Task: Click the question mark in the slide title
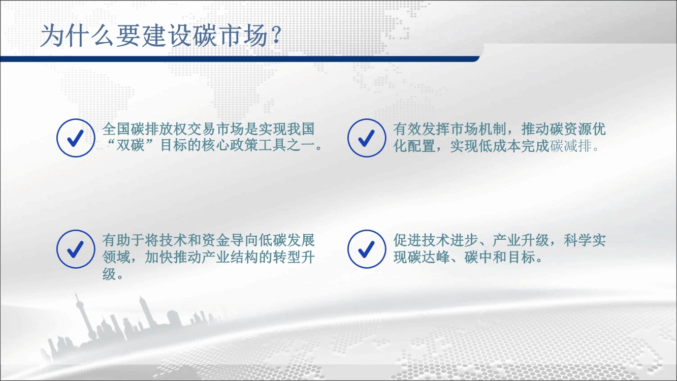point(276,36)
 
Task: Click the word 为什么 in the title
point(76,36)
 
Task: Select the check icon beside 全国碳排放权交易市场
point(76,138)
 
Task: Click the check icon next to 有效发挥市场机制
point(367,138)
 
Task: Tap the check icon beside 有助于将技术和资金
point(76,249)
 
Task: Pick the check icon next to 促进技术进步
point(367,249)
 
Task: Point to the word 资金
point(215,240)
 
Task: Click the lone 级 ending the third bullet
point(109,274)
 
